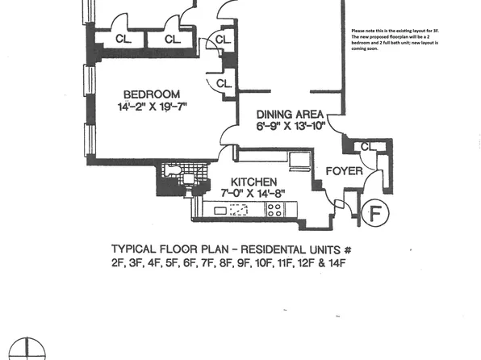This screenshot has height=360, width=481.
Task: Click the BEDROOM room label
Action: pyautogui.click(x=151, y=94)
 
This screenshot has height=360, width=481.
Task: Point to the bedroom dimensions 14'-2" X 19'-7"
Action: pyautogui.click(x=151, y=108)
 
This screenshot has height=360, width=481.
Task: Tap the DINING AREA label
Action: pyautogui.click(x=290, y=114)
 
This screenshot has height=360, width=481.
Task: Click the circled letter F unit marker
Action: pyautogui.click(x=375, y=214)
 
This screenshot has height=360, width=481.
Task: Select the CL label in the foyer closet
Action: pyautogui.click(x=366, y=146)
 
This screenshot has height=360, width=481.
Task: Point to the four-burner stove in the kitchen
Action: pyautogui.click(x=275, y=211)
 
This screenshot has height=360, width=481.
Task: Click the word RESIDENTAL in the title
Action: pyautogui.click(x=278, y=249)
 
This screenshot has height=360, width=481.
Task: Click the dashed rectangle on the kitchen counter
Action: pyautogui.click(x=238, y=211)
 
